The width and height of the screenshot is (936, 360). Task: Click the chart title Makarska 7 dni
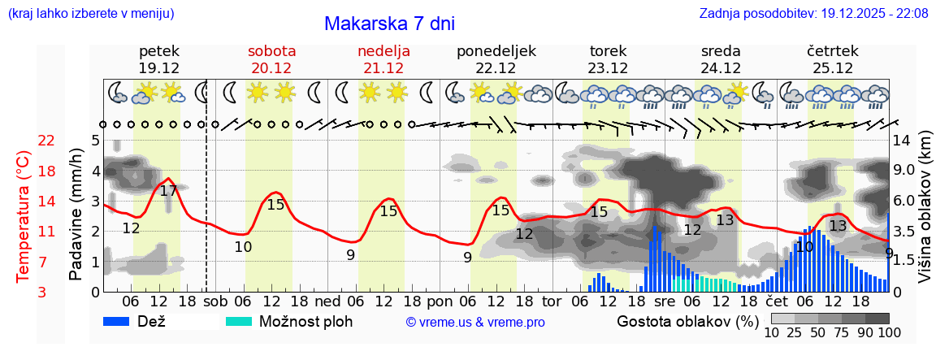(389, 24)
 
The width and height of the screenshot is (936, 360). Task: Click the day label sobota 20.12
(271, 59)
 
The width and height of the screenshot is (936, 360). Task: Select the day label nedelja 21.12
(383, 59)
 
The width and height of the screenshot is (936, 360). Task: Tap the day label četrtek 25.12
(833, 59)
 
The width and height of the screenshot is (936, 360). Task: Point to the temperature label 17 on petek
(168, 192)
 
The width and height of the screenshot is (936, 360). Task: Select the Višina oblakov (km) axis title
(925, 215)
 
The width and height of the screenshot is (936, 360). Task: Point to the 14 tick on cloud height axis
(903, 141)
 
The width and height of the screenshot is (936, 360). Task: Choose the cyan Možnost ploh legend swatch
(240, 321)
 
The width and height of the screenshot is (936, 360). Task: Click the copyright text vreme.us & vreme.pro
(475, 323)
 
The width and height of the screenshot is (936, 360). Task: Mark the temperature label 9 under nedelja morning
(350, 254)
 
